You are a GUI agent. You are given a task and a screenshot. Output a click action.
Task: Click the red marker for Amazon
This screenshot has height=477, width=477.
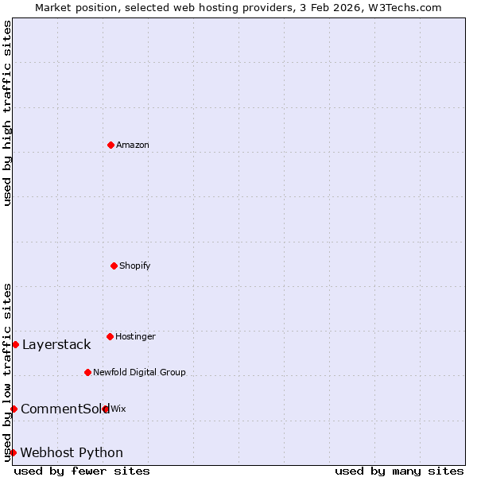click(111, 145)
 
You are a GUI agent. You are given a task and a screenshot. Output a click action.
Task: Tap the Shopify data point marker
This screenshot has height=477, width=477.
click(114, 266)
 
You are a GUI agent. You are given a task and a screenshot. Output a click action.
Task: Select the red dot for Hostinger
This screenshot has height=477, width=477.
click(110, 336)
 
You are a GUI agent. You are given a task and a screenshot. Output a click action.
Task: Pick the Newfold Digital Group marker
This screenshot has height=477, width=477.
click(87, 372)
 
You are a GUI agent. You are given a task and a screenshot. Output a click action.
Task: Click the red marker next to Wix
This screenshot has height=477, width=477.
click(106, 409)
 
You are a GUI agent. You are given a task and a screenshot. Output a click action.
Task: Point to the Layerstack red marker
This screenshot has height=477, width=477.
click(15, 344)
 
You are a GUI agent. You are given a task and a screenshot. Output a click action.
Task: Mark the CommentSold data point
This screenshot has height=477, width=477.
click(14, 409)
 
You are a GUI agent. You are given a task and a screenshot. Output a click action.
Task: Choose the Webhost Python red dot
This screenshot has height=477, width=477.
click(13, 452)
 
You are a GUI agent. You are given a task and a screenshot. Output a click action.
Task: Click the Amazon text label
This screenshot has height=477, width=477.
click(133, 145)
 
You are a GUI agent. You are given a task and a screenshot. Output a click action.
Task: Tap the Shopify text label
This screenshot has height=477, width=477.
click(135, 266)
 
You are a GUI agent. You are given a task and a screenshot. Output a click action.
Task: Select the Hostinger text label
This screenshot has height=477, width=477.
click(135, 336)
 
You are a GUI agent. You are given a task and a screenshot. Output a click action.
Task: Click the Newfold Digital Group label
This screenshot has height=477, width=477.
click(139, 372)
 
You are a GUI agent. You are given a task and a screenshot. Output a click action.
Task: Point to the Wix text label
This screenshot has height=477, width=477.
click(118, 409)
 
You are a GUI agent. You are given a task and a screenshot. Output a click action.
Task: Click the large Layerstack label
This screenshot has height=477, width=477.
click(56, 344)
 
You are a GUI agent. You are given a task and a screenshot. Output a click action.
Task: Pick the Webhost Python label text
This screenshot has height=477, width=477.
click(72, 452)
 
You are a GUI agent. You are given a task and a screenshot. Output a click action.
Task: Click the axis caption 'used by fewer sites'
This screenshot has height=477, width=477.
click(82, 471)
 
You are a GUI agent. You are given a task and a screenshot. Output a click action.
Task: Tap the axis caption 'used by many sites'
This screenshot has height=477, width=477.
click(399, 471)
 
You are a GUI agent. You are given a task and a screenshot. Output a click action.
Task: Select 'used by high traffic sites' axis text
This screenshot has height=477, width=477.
click(7, 113)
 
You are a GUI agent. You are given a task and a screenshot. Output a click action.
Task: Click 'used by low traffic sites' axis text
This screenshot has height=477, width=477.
click(7, 372)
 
